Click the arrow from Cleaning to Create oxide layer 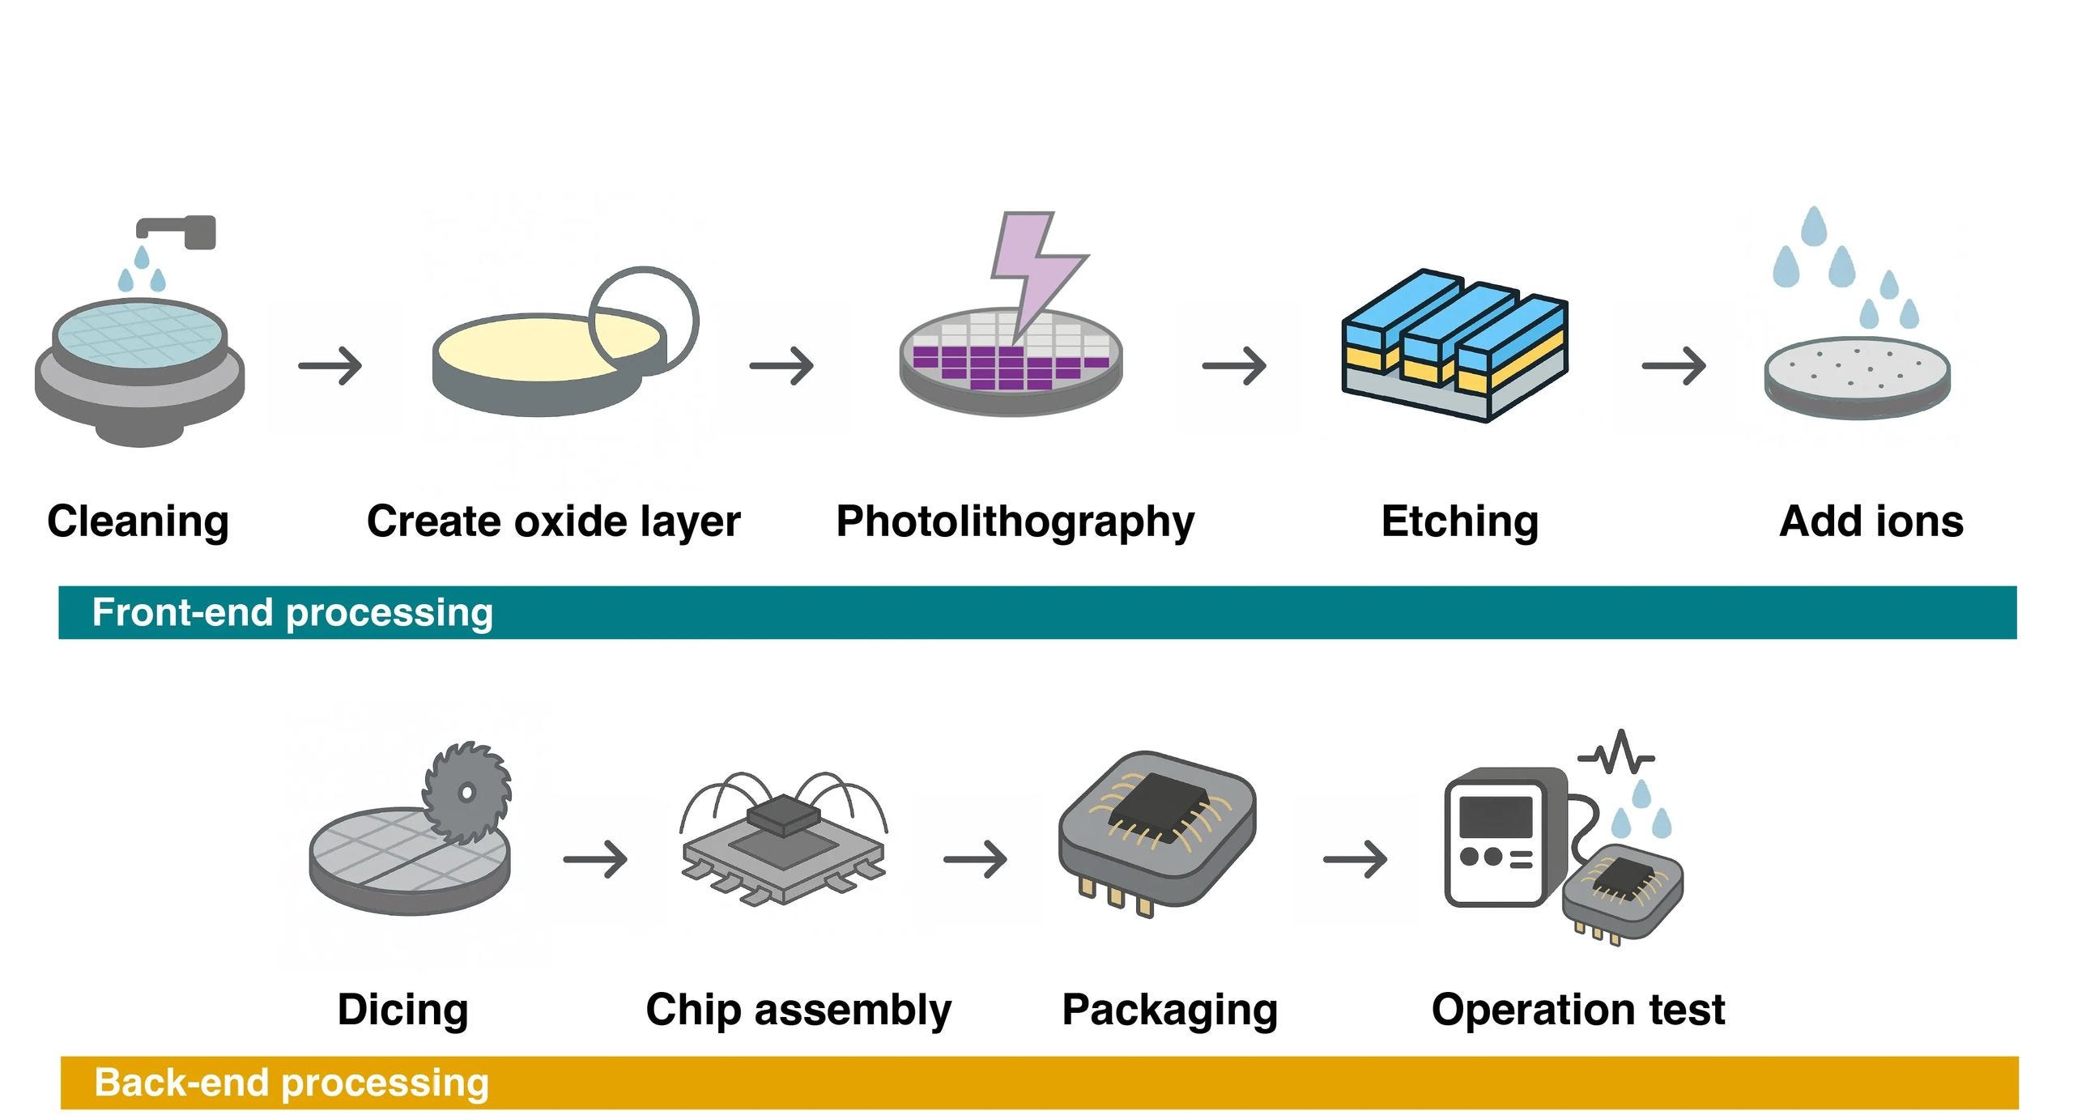pos(330,366)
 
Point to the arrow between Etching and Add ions pos(1673,366)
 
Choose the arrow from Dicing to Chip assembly pos(595,858)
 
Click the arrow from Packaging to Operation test pos(1355,858)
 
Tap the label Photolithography pos(1015,522)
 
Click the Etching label pos(1460,522)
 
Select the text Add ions pos(1871,521)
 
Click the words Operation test pos(1578,1011)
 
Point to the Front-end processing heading pos(292,613)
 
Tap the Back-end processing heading pos(292,1083)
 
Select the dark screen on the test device pos(1496,817)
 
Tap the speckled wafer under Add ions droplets pos(1858,377)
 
